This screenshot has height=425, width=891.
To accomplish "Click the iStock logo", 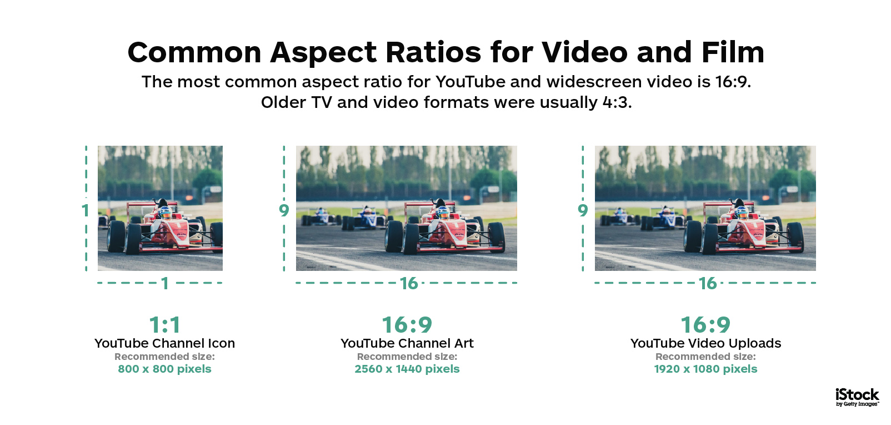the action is [857, 398].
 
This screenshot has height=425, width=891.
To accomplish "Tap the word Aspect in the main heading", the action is [323, 53].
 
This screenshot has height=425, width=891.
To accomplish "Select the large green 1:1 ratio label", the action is [164, 325].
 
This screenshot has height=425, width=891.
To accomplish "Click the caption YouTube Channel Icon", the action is [164, 343].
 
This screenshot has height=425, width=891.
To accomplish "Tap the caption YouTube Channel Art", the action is [407, 343].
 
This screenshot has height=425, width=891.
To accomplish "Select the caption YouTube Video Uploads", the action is [705, 343].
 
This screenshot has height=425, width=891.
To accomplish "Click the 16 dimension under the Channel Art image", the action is [409, 284].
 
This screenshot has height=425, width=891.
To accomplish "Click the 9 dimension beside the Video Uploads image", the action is [583, 210].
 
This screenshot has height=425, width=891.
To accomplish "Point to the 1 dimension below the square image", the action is [165, 284].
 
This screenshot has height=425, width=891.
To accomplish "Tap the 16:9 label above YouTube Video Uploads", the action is [705, 325].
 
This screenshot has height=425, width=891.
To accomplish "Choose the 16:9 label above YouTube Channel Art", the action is [407, 325].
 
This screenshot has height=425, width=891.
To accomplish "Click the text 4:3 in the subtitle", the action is [617, 102].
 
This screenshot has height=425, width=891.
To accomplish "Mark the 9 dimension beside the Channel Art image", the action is [284, 210].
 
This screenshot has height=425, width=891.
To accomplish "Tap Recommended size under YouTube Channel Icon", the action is [164, 357].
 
